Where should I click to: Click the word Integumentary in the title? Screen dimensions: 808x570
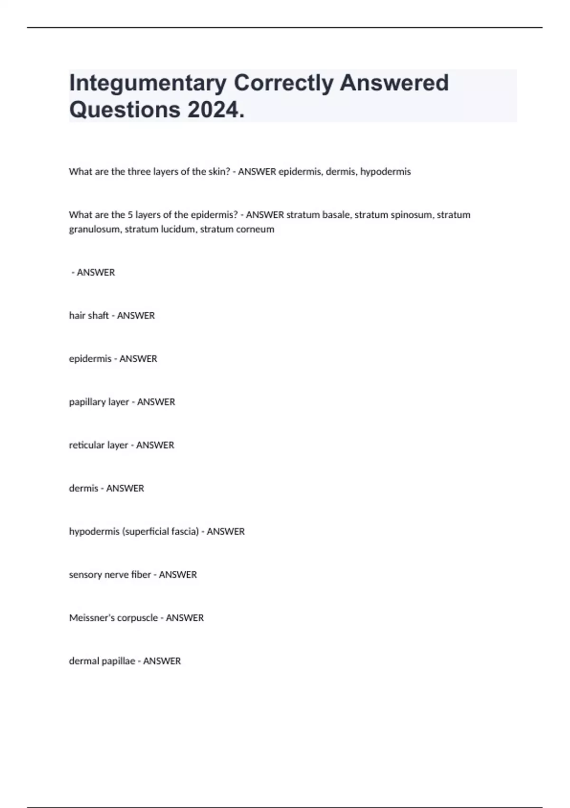click(x=148, y=83)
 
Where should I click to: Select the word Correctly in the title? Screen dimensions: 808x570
click(x=284, y=83)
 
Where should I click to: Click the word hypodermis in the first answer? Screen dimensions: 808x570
click(x=385, y=172)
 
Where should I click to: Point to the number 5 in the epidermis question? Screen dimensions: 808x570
click(x=130, y=215)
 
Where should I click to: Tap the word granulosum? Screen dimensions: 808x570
click(x=94, y=229)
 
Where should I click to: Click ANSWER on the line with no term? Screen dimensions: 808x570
click(x=96, y=272)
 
